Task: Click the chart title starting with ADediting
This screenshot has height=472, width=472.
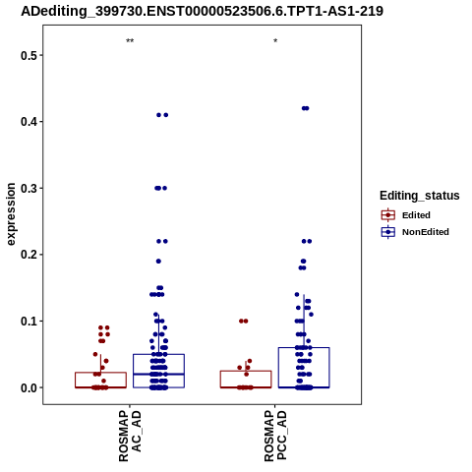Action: pos(202,12)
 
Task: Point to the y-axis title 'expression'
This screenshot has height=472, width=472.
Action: pos(11,214)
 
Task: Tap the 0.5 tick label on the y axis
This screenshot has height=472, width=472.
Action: pos(28,55)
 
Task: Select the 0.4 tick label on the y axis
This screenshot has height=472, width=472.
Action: pos(28,122)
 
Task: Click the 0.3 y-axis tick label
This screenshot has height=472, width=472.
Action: pos(28,188)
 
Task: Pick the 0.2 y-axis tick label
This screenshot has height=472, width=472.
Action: pos(28,255)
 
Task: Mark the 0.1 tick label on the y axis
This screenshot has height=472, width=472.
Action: pos(28,321)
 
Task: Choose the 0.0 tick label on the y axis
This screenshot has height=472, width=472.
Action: pos(28,387)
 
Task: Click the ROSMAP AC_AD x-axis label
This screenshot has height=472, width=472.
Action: pos(130,436)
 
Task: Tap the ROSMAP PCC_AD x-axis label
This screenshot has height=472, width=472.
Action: pos(275,436)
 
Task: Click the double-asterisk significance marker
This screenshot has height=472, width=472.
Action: pos(130,41)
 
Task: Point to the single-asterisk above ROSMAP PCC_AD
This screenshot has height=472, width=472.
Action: pos(275,41)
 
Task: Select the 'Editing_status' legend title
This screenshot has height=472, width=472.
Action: pos(420,196)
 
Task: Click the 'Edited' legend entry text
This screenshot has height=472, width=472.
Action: pos(416,215)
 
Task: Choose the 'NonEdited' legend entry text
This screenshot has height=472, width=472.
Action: pos(426,232)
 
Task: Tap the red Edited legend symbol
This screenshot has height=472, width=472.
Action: pos(388,215)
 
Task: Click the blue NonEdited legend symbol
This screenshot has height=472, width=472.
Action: pos(388,232)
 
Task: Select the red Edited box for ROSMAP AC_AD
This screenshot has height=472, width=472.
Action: pos(100,373)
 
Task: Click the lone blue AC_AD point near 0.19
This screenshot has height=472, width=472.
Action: pos(158,262)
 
